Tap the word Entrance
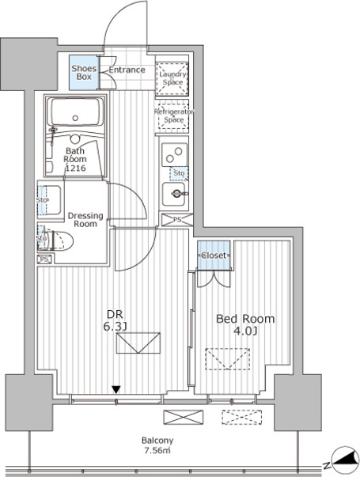127,70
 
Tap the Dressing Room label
82,219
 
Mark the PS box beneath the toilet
44,258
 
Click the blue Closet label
214,256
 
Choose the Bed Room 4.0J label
245,324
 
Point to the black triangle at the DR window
116,389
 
